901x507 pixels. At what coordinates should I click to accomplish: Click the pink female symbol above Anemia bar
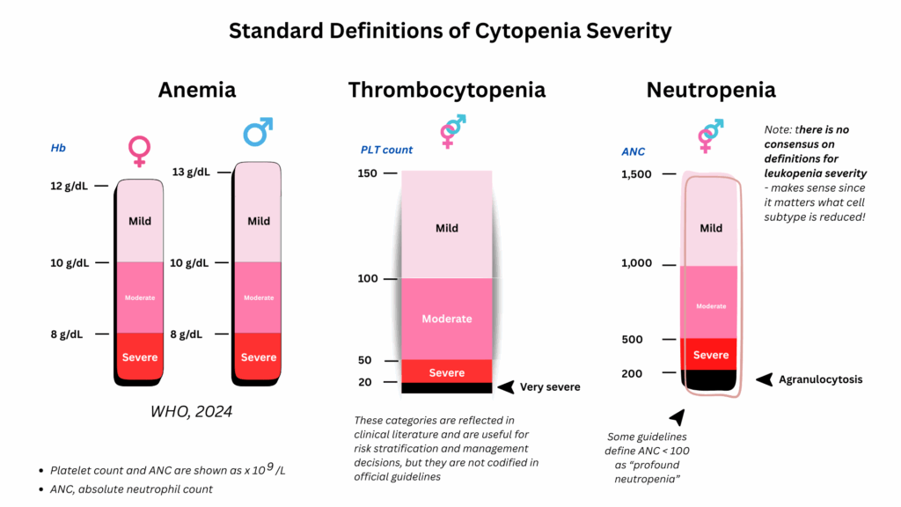click(139, 151)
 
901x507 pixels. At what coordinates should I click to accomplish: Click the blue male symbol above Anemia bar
click(257, 132)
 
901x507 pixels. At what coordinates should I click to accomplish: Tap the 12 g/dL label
click(68, 186)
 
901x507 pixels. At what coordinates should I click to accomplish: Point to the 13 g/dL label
click(191, 172)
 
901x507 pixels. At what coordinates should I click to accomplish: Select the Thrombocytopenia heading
click(446, 90)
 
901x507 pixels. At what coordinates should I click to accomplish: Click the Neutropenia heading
click(711, 90)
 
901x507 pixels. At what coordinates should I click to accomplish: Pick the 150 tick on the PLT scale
click(368, 173)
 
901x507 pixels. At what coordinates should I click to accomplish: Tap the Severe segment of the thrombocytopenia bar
click(447, 371)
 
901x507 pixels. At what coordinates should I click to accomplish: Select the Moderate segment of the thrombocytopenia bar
click(447, 319)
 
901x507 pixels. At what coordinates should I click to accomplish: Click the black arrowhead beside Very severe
click(506, 386)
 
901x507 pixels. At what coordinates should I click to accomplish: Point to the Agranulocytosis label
click(821, 380)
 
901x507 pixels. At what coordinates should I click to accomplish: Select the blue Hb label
click(58, 149)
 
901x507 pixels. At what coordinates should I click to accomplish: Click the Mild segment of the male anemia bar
click(258, 221)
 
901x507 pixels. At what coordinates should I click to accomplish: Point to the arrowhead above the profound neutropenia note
click(676, 417)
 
